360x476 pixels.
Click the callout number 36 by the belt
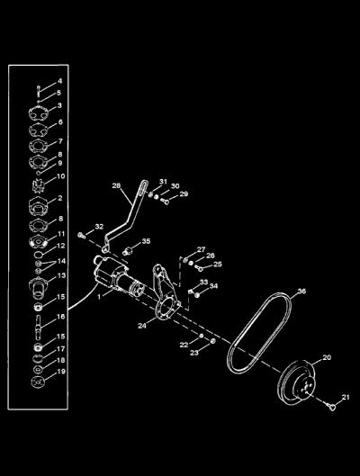point(301,292)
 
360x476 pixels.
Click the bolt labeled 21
point(332,407)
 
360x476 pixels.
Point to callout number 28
point(116,185)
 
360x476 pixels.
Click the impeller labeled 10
point(38,185)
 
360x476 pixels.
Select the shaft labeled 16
point(38,326)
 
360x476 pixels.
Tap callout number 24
point(142,326)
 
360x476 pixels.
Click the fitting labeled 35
point(129,251)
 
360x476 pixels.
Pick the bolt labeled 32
point(81,235)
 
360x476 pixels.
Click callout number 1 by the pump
point(99,297)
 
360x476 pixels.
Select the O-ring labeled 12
point(39,254)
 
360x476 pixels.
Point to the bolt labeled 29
point(166,201)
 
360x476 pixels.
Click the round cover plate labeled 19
point(38,382)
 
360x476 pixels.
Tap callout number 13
point(61,275)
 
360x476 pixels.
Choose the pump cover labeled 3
point(39,114)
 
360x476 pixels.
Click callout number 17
point(61,349)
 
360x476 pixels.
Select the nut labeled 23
point(212,341)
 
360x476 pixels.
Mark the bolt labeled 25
point(200,268)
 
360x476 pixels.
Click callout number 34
point(213,286)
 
